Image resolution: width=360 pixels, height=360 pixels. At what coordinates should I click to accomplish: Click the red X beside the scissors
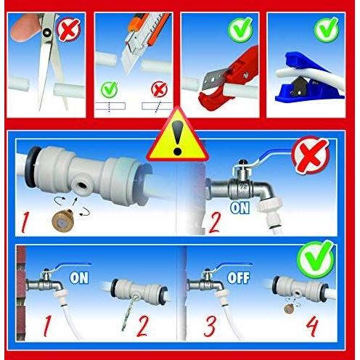pos(68,30)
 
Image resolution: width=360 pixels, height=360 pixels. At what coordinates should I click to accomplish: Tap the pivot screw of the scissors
pos(46,32)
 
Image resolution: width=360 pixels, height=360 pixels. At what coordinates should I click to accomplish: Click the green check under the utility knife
pos(110,89)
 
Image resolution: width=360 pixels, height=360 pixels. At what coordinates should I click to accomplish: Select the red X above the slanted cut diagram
pos(159,89)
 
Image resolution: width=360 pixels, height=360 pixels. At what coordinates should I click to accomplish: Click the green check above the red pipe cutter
pos(240,29)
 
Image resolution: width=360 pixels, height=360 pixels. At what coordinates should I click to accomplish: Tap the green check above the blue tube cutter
pos(327,30)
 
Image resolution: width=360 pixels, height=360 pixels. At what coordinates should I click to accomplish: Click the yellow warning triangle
pos(178,136)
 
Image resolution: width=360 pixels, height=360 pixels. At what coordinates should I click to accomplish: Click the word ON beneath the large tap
pos(240,208)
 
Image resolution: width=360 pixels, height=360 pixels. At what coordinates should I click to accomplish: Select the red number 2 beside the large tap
pos(215,223)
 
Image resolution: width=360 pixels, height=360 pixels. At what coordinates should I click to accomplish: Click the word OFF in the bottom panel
pos(239,278)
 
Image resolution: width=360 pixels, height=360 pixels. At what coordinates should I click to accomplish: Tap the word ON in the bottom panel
pos(79,278)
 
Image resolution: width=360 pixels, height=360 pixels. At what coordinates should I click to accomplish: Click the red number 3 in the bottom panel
pos(210,326)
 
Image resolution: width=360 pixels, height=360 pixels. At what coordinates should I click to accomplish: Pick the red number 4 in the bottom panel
pos(312,326)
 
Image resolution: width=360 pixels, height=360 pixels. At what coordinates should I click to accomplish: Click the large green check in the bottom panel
pos(316,259)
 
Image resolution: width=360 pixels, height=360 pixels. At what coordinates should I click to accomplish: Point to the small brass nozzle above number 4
pos(289,309)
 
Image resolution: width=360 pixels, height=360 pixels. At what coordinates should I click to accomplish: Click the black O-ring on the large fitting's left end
pos(31,167)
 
